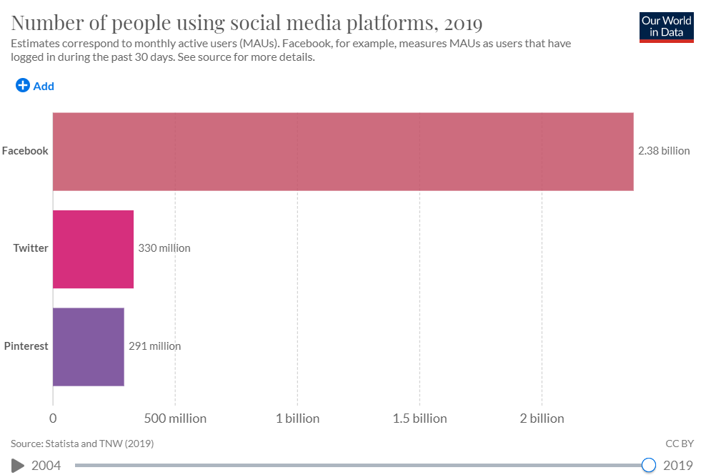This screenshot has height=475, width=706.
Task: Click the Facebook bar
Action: tap(343, 152)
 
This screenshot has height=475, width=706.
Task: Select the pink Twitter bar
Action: tap(93, 249)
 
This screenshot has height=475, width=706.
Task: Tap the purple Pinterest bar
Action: tap(89, 347)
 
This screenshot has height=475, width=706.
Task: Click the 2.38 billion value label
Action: tap(664, 151)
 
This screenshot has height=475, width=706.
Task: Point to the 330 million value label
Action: tap(164, 248)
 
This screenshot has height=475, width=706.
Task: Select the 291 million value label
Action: tap(154, 346)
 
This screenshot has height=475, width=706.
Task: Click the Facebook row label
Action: tap(25, 151)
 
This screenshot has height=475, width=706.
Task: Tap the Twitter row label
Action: tap(31, 248)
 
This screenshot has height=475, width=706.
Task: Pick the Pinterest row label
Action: tap(26, 346)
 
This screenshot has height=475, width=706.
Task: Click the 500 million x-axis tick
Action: tap(175, 418)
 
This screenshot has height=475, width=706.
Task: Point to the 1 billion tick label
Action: tap(297, 418)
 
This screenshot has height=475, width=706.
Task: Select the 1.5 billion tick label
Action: tap(419, 418)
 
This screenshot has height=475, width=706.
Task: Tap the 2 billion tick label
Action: tap(542, 418)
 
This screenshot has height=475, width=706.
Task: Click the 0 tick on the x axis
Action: tap(53, 418)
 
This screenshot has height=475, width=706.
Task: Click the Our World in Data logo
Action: tap(667, 26)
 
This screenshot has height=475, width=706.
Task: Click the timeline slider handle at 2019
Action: tap(649, 466)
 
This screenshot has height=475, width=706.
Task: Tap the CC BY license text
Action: tap(680, 444)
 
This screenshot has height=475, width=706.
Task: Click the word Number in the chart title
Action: tap(46, 23)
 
